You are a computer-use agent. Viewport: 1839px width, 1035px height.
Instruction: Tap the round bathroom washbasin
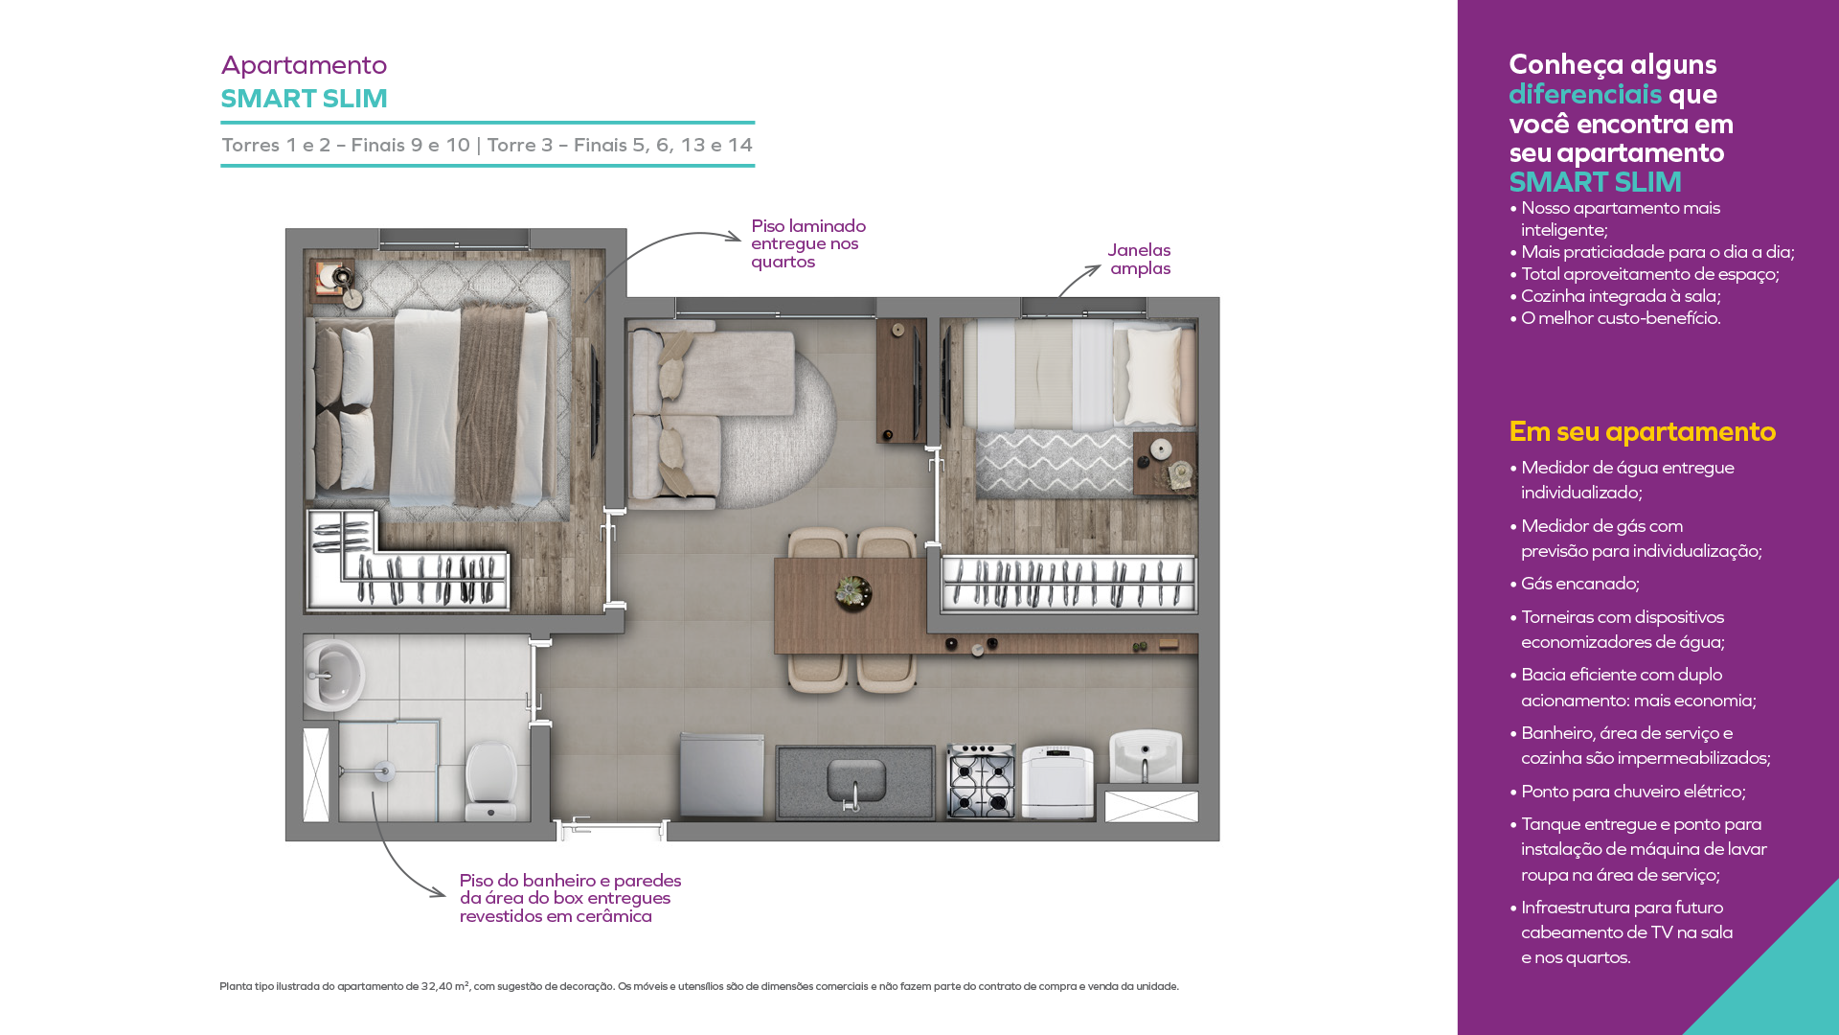point(332,674)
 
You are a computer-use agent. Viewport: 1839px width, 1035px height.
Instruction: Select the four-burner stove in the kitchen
point(981,781)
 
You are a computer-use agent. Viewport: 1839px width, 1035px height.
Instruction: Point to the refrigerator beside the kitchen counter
point(721,775)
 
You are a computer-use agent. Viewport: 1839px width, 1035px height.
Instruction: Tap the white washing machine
point(1057,782)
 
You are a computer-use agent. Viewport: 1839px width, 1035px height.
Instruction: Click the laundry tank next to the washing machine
point(1146,757)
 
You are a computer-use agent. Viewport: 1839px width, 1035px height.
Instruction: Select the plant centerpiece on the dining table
point(852,592)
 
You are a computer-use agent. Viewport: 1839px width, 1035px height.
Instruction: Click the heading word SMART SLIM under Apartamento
point(304,99)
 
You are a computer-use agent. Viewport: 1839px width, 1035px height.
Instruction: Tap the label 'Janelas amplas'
point(1140,259)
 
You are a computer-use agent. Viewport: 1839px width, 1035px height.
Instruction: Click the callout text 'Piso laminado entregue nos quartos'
point(808,243)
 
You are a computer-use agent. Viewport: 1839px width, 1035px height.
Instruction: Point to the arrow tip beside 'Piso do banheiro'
point(445,895)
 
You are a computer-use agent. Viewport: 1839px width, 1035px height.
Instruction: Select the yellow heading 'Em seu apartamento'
point(1642,431)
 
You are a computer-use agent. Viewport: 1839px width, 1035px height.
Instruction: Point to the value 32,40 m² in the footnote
point(445,986)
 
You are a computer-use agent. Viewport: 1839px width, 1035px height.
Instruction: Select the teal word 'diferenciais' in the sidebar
point(1585,94)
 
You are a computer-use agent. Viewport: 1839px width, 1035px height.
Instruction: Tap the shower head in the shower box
point(384,770)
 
